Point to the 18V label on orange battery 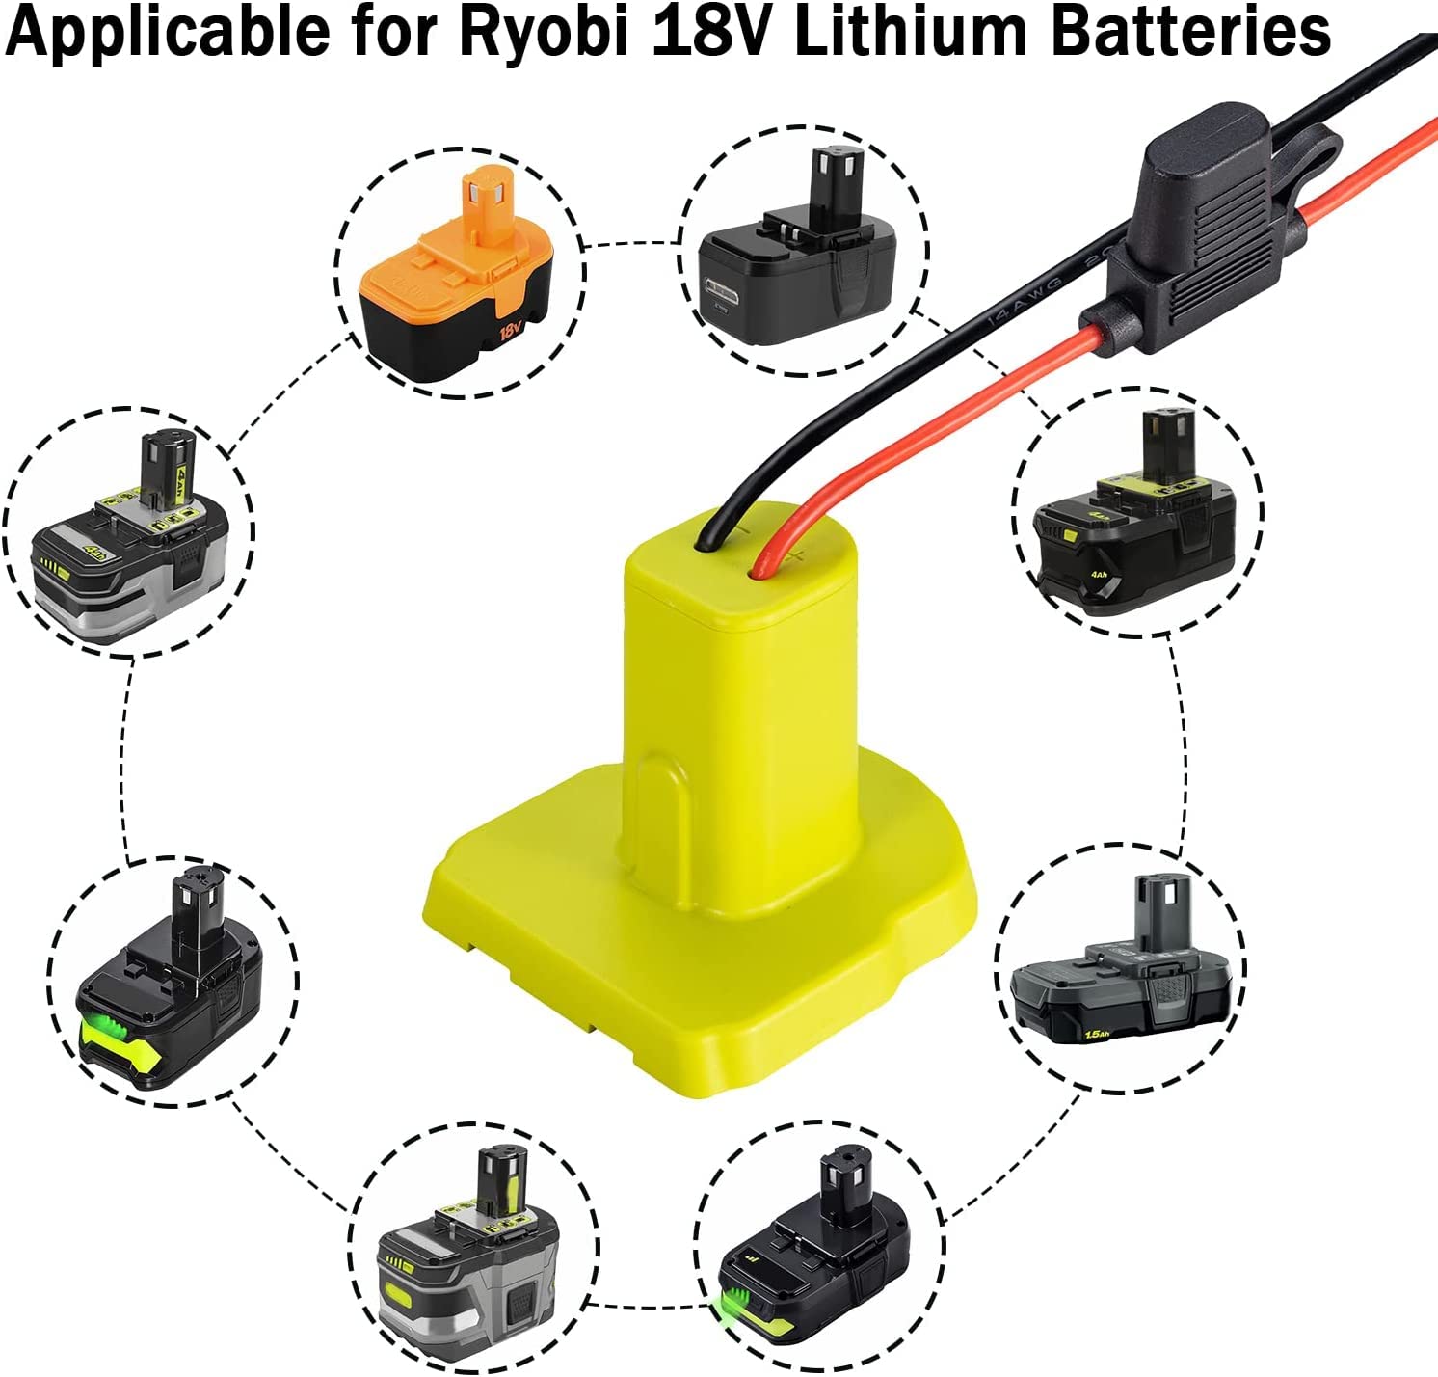click(x=510, y=332)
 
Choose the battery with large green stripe click(x=172, y=998)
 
